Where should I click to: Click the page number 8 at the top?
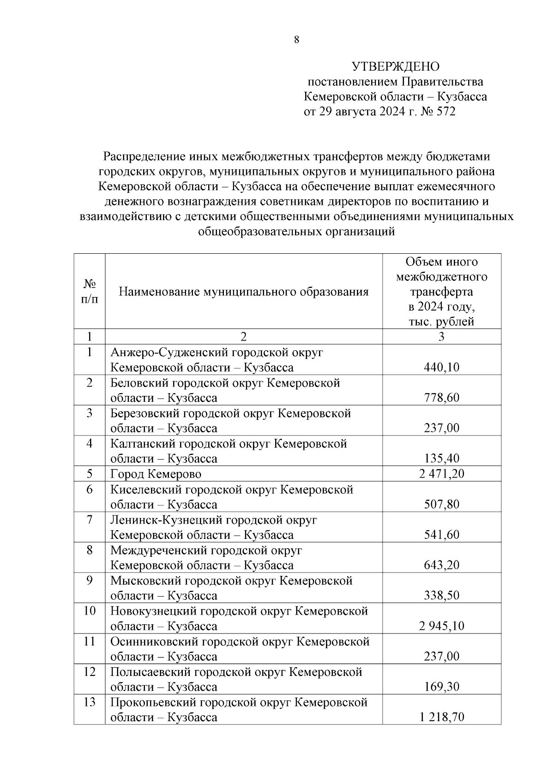296,40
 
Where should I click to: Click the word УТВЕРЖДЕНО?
395,67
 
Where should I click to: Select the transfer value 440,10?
442,367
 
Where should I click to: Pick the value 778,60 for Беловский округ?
442,398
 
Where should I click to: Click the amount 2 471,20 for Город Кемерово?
442,474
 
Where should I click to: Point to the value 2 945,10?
442,626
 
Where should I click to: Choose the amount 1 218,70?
442,717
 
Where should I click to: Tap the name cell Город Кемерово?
156,474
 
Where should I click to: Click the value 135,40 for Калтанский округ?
442,459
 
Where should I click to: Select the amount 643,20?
442,565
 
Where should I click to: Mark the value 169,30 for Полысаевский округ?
442,687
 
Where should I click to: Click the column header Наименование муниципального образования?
244,292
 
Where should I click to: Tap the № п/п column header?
90,292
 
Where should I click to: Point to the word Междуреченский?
158,550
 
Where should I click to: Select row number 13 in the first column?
90,702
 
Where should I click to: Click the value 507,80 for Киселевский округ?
442,504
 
